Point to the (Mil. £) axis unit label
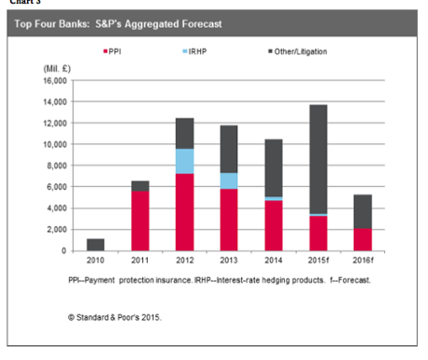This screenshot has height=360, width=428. coord(57,70)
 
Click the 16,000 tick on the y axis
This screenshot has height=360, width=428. coord(55,81)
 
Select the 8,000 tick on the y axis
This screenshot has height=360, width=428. coord(57,166)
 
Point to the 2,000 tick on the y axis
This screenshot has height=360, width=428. coord(57,229)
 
